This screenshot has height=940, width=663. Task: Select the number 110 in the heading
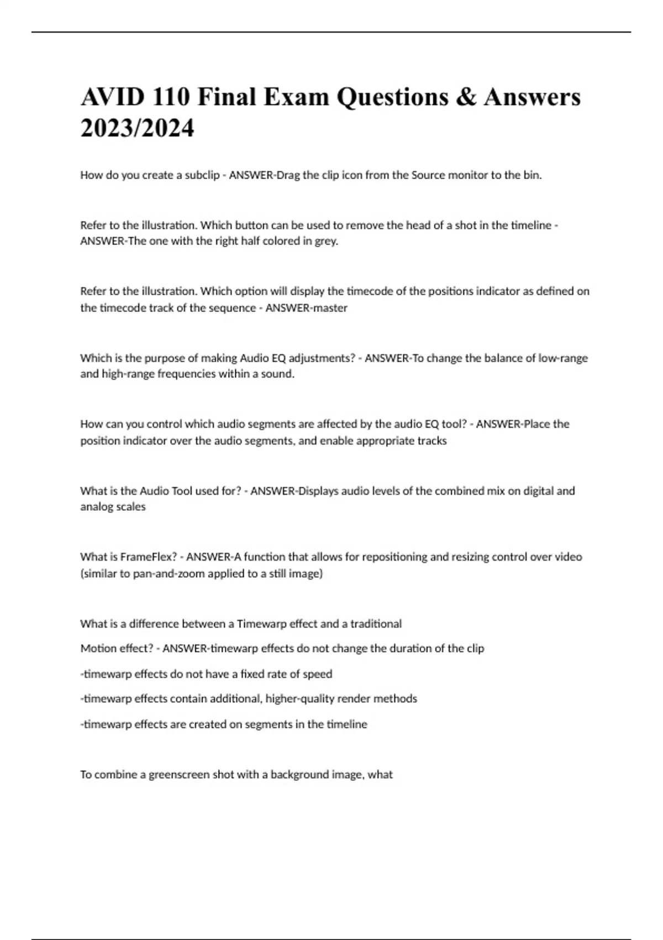click(x=171, y=97)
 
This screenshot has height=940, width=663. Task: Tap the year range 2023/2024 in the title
click(x=137, y=128)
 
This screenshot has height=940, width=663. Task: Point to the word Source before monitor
click(x=428, y=175)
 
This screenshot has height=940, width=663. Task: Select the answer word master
click(x=330, y=308)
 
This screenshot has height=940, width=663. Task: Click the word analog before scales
click(x=95, y=507)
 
